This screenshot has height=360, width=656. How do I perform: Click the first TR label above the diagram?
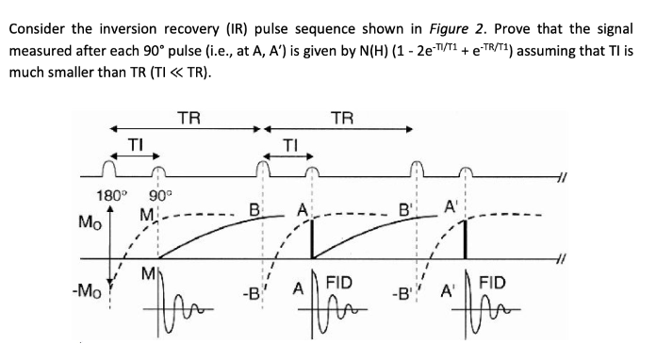pos(189,117)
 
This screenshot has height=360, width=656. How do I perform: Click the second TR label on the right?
pos(343,117)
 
